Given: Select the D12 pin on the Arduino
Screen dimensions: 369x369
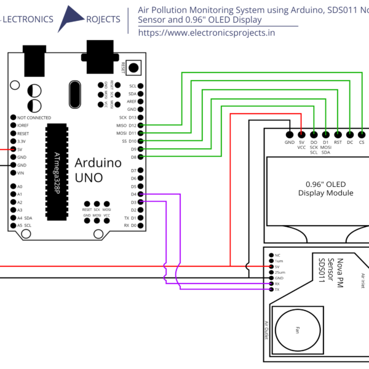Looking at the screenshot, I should coord(141,125).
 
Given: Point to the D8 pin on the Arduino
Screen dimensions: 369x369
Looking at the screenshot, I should coord(141,157).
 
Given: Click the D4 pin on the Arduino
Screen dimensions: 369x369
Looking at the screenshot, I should coord(141,194).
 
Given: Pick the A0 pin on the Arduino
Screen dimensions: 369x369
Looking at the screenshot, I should coord(13,186).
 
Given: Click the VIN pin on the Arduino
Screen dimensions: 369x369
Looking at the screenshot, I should coord(13,173).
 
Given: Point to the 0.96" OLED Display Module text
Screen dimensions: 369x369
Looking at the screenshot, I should coord(325,188).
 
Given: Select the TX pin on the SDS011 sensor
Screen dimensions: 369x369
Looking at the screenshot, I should coord(270,289).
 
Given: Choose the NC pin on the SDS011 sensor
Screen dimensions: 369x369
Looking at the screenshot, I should coord(270,255).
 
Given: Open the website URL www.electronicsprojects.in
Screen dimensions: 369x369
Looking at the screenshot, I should coord(207,33).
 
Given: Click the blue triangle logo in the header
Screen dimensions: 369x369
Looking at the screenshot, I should coord(74,18).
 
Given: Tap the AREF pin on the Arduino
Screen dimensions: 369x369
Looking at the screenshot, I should coord(141,101).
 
